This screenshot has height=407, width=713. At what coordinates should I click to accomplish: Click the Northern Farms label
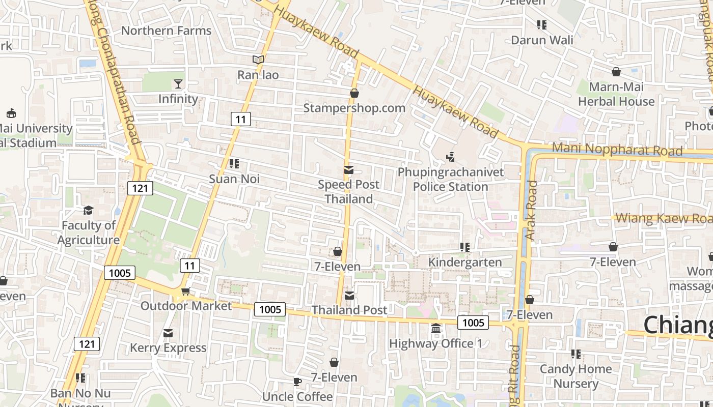(x=166, y=31)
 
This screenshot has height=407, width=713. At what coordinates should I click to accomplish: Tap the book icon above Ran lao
(x=258, y=60)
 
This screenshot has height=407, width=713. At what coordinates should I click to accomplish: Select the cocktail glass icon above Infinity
(x=178, y=83)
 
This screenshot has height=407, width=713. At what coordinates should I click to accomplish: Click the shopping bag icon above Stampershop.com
(x=354, y=93)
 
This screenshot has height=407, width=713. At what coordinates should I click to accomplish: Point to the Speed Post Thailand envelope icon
(x=349, y=170)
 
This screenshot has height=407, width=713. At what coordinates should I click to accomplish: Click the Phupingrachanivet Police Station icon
(x=450, y=157)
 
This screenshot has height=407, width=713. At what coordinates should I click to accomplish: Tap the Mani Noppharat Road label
(x=617, y=150)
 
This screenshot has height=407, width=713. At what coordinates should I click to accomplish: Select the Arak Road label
(x=531, y=210)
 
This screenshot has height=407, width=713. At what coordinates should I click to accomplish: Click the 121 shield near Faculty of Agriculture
(x=140, y=188)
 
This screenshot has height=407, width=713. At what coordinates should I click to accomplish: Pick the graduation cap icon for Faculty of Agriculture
(x=89, y=210)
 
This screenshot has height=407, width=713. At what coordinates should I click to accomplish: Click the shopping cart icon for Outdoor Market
(x=185, y=291)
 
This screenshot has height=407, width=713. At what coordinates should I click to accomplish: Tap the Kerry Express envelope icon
(x=168, y=333)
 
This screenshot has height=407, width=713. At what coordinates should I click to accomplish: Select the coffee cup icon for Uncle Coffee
(x=297, y=382)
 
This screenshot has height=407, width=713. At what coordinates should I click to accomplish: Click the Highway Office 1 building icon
(x=436, y=329)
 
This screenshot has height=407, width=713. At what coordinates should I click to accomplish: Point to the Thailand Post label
(x=349, y=310)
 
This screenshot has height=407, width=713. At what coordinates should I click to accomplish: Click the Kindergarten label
(x=465, y=263)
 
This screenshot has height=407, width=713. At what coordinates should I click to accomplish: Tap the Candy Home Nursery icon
(x=576, y=354)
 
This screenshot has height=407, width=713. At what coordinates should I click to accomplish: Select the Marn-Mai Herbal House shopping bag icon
(x=616, y=72)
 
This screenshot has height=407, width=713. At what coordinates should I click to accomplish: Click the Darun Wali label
(x=542, y=40)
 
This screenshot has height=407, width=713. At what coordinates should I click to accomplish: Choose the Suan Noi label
(x=234, y=179)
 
